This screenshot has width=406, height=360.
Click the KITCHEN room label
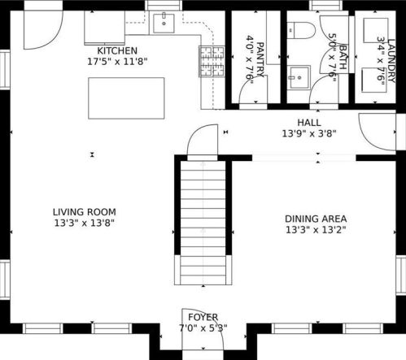coord(117,50)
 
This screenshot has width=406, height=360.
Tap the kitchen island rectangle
coord(126,98)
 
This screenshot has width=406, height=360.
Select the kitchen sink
coord(164,24)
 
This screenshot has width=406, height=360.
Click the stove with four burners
coord(212,61)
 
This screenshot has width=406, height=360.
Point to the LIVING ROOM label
coord(85,212)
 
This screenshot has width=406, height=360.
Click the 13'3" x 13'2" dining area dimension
coord(316,230)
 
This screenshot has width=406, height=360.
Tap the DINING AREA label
coord(316,219)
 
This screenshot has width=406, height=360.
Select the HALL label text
coord(309,123)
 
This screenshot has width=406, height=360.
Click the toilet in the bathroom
coord(301,30)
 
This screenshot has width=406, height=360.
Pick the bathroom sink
coord(299,77)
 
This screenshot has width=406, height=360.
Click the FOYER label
coord(203,317)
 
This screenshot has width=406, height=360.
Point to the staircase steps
coord(203,223)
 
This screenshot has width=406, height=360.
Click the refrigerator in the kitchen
coord(105,28)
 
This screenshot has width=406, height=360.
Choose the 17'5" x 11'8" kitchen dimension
coord(117,62)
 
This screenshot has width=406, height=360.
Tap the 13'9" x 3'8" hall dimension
coord(309,133)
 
